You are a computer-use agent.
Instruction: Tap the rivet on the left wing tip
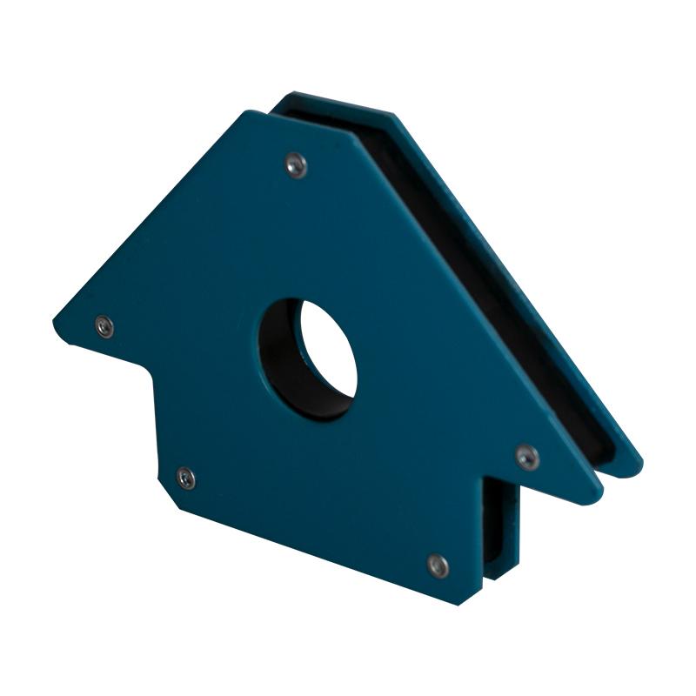104,326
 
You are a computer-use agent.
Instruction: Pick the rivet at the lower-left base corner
185,477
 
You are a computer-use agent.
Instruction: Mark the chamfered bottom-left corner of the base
171,496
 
